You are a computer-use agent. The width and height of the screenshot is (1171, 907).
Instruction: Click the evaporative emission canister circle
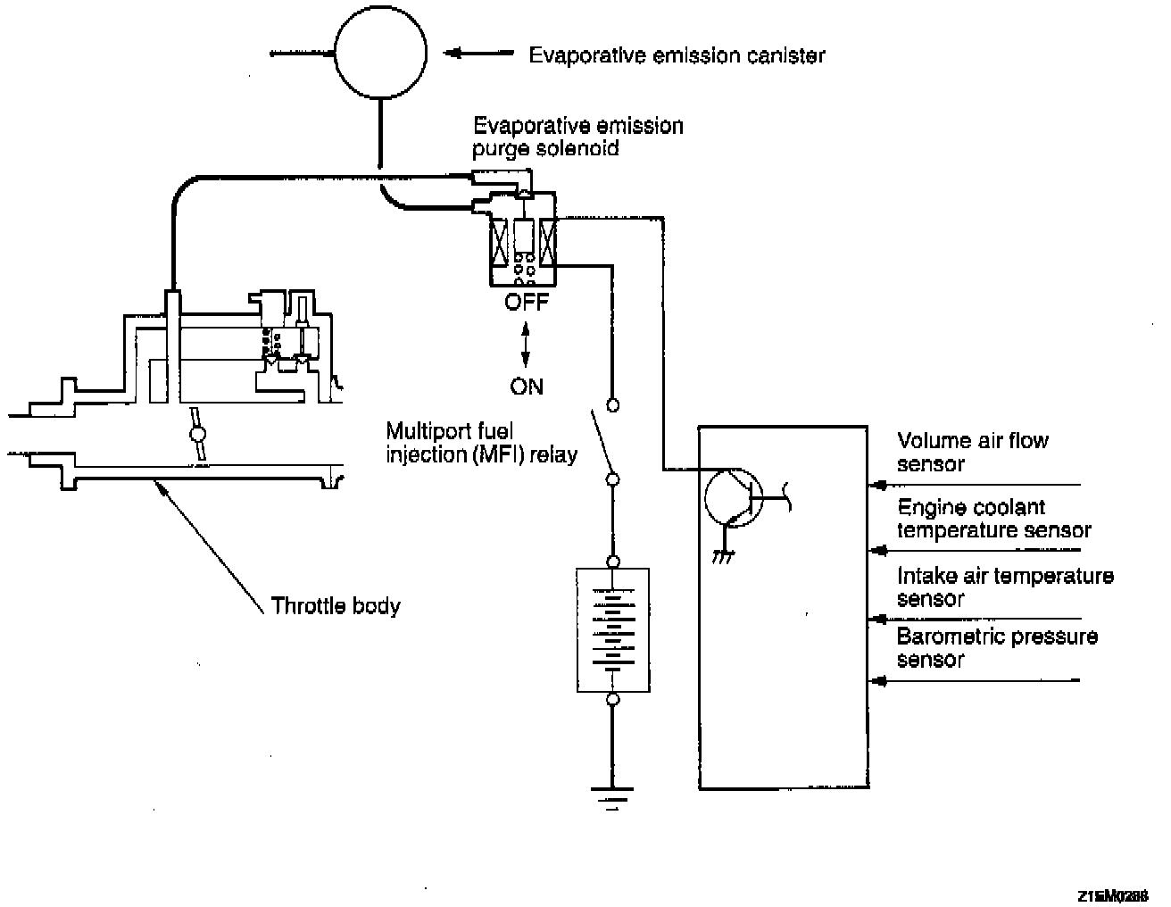380,54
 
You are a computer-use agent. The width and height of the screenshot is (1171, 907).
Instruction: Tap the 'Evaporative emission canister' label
677,55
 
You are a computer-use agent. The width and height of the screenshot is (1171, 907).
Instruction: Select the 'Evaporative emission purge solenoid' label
577,136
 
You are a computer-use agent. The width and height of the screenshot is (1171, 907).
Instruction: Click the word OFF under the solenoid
527,303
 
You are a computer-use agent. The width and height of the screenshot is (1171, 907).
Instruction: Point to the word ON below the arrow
527,387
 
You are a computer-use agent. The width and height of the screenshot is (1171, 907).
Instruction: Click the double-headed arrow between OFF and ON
526,345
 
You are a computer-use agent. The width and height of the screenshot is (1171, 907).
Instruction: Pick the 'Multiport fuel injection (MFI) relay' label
482,443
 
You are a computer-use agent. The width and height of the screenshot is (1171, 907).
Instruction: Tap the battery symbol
612,630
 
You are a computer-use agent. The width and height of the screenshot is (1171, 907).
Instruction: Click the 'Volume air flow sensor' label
972,452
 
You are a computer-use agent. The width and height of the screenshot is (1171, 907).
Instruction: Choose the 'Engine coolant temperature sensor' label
993,519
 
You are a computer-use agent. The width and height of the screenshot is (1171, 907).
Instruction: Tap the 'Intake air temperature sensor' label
1005,587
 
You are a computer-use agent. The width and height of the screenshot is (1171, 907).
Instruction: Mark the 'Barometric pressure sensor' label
997,647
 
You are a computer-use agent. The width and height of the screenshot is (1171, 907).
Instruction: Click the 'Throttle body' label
336,606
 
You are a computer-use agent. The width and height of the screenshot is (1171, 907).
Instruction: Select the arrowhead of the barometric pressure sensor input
879,681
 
